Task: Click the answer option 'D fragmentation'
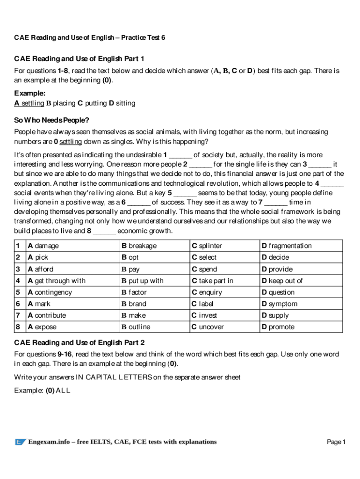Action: tap(286, 246)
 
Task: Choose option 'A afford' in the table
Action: tap(41, 269)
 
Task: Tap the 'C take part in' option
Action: tap(212, 281)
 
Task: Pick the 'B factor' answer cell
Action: tap(134, 292)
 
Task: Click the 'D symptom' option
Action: tap(279, 304)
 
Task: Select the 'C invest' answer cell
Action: tap(204, 315)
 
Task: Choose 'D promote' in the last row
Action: tap(278, 327)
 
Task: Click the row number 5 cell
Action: tap(17, 292)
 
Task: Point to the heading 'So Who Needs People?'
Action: tap(51, 120)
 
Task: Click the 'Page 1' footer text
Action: tap(336, 442)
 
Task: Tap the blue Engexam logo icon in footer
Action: tap(20, 442)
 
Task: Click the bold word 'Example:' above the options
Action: tap(29, 93)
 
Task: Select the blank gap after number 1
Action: tap(180, 155)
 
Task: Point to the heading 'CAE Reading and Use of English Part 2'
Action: tap(79, 342)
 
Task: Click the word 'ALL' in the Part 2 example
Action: tap(63, 390)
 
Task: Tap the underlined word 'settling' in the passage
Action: tap(71, 141)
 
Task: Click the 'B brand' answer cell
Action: tap(134, 304)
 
